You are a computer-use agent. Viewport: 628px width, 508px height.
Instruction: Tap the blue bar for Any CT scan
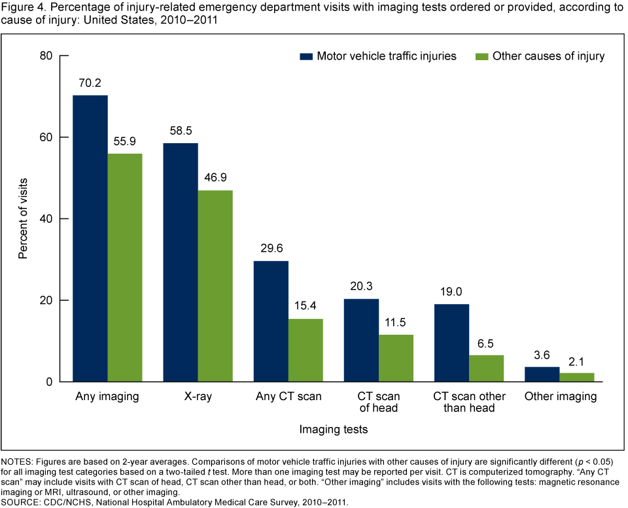[x=271, y=321]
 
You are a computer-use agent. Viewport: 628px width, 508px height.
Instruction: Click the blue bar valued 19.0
[x=452, y=343]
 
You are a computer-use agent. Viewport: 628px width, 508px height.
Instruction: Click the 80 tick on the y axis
[x=45, y=56]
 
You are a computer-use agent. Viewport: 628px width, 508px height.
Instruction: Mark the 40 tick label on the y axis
[x=45, y=218]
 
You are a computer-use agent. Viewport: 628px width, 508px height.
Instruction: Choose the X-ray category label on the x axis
[x=198, y=397]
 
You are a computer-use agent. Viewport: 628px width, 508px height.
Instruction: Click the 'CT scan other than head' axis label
[x=469, y=403]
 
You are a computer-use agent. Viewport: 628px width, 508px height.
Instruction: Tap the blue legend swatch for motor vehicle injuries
[x=305, y=56]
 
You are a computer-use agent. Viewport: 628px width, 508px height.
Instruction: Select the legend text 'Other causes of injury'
[x=548, y=56]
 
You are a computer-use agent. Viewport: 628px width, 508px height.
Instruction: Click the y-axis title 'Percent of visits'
[x=24, y=218]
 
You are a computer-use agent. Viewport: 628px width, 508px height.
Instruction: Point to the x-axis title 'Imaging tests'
[x=333, y=430]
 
